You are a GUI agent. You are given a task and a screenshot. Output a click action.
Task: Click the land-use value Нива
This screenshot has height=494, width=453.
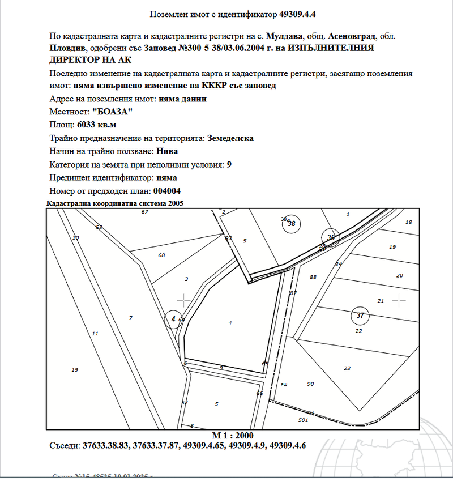(167, 151)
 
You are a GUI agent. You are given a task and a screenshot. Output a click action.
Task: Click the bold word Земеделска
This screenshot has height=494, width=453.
(230, 138)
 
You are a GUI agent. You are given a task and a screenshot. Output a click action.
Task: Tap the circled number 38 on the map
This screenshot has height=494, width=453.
(292, 224)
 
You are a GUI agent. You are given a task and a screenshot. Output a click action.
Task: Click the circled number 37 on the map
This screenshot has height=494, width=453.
(360, 315)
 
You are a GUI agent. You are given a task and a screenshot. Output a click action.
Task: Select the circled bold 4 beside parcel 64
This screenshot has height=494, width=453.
(173, 320)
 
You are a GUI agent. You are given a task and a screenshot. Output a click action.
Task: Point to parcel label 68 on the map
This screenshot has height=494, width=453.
(161, 255)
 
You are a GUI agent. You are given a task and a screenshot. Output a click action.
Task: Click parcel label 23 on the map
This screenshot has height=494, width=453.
(347, 368)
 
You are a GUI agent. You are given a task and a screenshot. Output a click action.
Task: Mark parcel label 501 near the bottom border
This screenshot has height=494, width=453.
(303, 420)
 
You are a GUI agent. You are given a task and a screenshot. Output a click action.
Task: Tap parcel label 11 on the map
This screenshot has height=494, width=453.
(95, 334)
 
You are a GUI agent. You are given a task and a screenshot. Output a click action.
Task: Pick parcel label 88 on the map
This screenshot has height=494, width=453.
(313, 277)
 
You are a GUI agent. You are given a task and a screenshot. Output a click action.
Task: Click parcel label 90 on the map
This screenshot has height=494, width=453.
(310, 384)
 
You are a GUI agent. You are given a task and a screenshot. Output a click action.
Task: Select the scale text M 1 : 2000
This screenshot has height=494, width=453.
(233, 435)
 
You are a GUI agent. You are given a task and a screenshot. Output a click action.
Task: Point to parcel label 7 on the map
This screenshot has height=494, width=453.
(130, 318)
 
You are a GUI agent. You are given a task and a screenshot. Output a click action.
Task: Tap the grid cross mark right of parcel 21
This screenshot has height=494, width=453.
(400, 300)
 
